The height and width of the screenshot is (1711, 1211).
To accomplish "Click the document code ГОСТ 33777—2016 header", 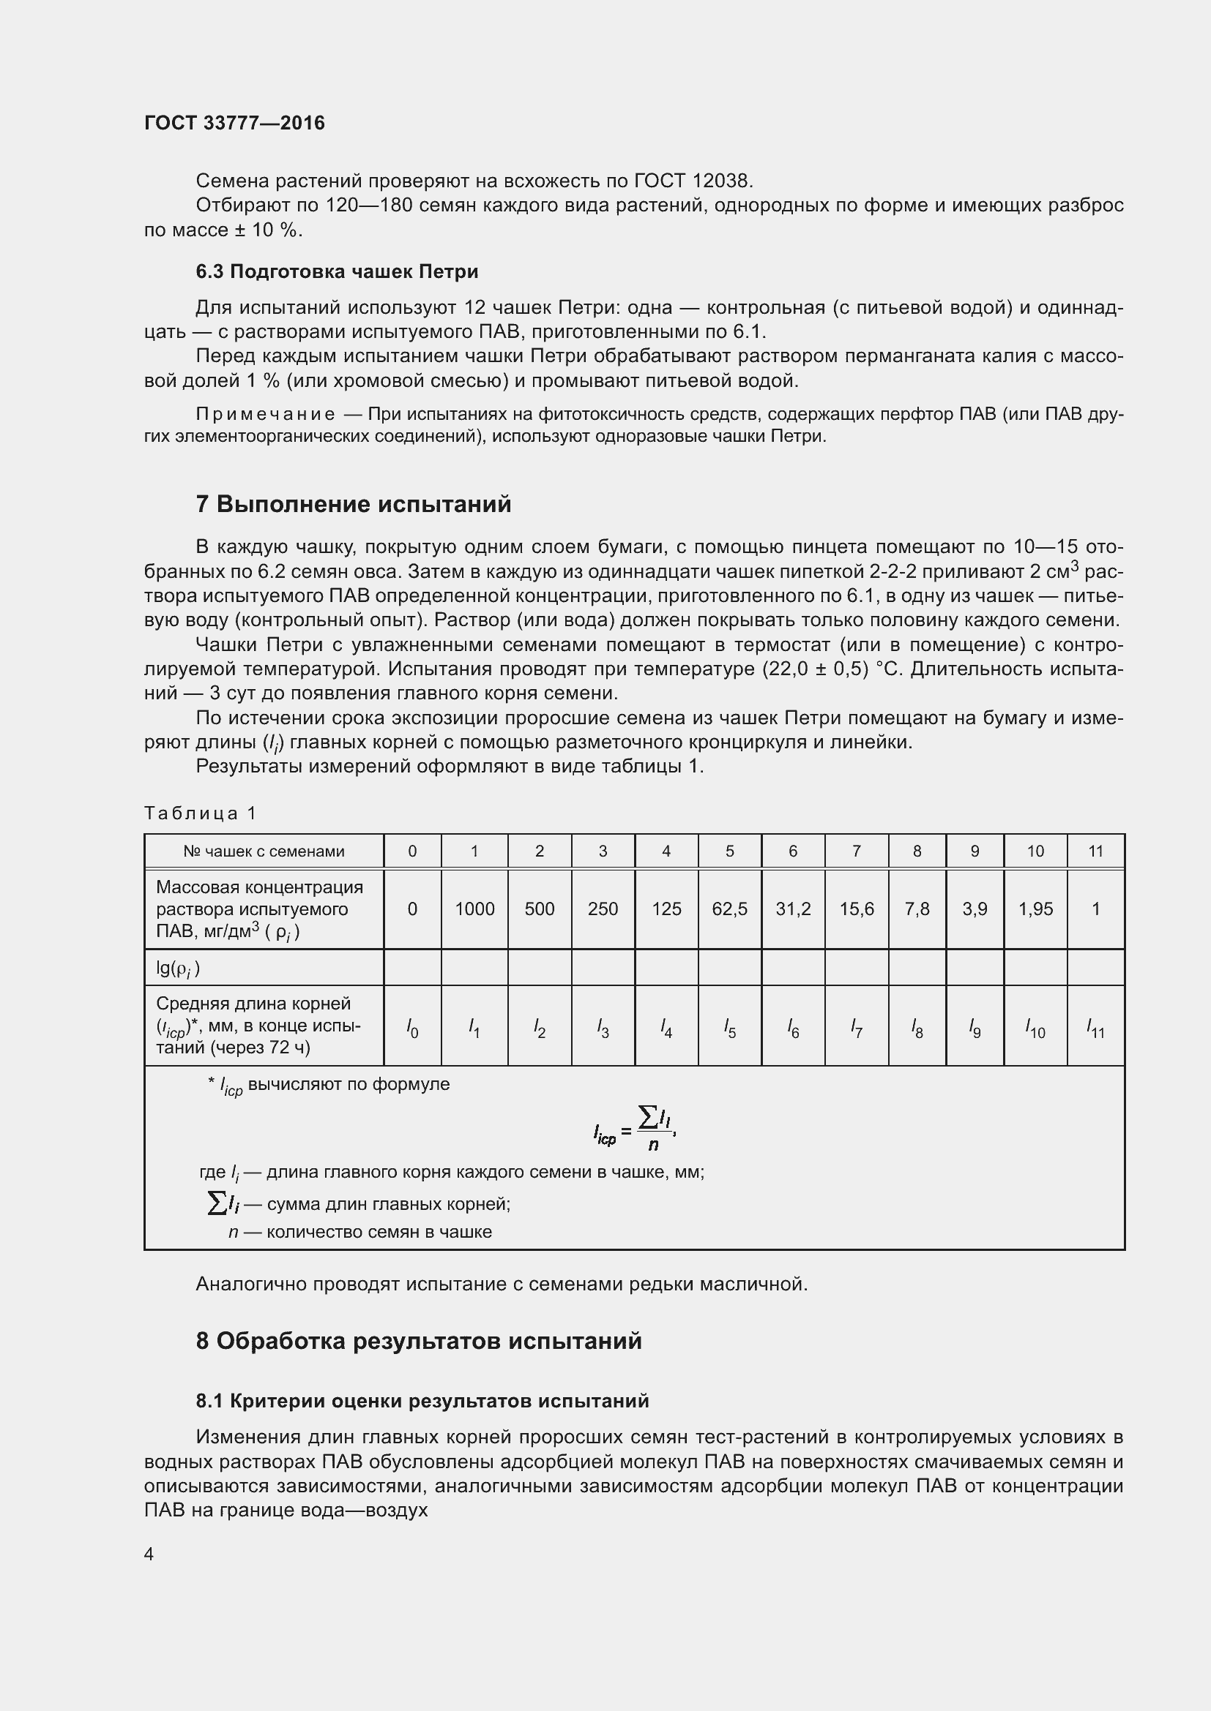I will (x=234, y=123).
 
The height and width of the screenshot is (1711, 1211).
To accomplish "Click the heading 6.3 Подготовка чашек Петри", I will (x=337, y=271).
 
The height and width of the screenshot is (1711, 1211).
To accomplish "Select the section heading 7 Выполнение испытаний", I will (x=354, y=505).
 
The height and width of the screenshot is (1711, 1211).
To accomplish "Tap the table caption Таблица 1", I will (x=200, y=813).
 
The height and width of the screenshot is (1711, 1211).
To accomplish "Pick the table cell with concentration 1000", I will (x=474, y=909).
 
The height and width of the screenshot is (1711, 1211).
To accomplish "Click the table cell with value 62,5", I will (x=729, y=909).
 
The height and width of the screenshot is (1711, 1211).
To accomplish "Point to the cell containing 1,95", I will (x=1035, y=909).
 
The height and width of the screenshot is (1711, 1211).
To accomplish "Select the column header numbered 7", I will (x=856, y=851).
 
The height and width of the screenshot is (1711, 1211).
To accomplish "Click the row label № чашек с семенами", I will (x=264, y=851).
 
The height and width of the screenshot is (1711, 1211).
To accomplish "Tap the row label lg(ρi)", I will (x=177, y=967).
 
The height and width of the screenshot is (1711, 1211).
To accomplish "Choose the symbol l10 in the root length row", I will (x=1035, y=1029).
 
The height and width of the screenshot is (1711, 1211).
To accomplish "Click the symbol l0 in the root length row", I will (x=412, y=1029).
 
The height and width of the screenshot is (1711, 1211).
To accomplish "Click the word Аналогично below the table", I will (x=251, y=1284).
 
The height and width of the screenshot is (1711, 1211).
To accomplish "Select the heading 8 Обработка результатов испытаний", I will (x=418, y=1341).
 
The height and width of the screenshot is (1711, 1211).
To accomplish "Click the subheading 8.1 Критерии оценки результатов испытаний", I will (x=422, y=1401).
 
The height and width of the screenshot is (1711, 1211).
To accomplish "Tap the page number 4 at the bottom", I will (x=149, y=1553).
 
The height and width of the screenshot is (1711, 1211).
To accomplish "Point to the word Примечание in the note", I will (x=265, y=414).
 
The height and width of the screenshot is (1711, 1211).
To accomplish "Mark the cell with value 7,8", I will (x=917, y=909).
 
